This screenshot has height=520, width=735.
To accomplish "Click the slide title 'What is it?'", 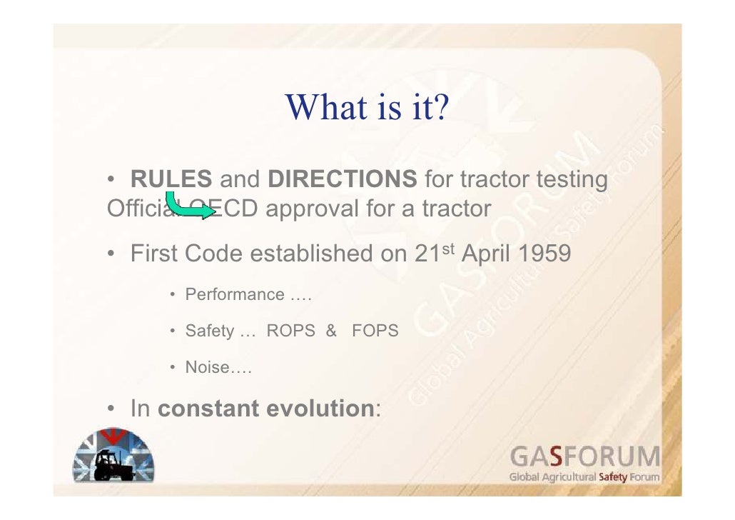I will point(366,107).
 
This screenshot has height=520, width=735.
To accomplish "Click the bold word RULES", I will point(171,179).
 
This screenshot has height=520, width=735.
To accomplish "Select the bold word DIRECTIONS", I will point(342,179).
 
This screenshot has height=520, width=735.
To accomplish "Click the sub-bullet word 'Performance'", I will point(234,294).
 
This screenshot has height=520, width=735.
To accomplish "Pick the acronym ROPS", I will point(290,331).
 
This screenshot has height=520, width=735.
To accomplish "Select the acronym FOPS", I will point(375,331).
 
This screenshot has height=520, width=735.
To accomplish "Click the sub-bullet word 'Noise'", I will point(207,368).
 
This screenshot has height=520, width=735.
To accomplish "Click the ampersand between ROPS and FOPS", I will point(330,331).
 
